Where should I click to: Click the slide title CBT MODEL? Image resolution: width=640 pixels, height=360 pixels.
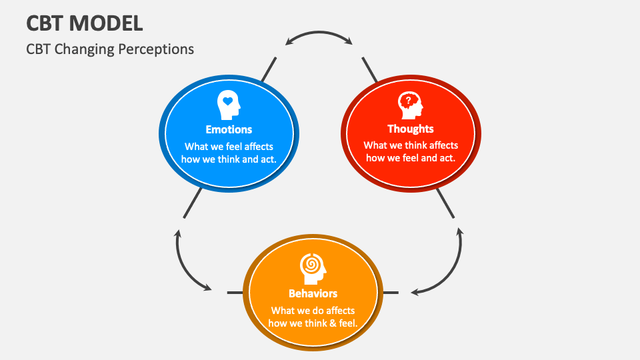(84, 23)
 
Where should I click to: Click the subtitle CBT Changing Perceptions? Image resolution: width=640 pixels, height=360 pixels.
(110, 49)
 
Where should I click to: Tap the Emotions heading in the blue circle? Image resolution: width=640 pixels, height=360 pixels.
(229, 129)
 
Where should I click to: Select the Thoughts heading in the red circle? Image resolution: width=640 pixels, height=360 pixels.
(411, 129)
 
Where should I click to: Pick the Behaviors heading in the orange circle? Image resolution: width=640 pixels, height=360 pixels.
(313, 293)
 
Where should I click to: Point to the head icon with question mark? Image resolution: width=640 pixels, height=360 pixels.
(410, 104)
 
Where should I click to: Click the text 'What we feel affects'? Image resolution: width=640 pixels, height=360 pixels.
(229, 146)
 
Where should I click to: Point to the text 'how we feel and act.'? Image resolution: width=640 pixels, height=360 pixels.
(411, 158)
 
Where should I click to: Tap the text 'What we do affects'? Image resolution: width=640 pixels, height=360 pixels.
(313, 311)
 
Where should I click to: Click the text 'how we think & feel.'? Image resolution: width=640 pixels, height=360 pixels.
(313, 323)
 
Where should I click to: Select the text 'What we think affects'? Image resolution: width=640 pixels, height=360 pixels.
(411, 145)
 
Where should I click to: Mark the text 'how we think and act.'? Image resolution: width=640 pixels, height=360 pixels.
(229, 159)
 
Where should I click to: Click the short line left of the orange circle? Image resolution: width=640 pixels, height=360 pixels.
(235, 293)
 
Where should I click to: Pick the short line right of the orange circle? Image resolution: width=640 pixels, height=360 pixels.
(390, 293)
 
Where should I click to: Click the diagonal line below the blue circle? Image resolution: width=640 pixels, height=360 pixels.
(193, 203)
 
